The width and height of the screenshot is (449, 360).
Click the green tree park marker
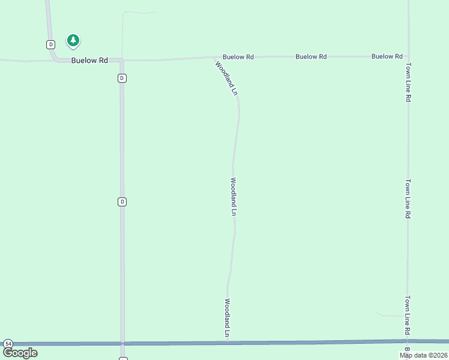73,41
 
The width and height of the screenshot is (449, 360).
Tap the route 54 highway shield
8,343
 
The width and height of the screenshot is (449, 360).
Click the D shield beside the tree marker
50,44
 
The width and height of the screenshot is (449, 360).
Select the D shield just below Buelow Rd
122,78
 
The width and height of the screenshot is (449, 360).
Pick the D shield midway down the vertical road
122,202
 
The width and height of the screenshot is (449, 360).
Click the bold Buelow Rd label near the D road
89,61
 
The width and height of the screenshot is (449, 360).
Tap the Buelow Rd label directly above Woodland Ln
238,57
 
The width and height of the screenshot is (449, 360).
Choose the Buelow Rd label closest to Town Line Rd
387,56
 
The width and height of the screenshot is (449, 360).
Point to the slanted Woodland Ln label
227,78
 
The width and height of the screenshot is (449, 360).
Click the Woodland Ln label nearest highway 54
228,317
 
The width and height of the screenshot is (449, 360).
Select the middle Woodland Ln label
234,196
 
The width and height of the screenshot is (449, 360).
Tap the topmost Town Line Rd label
408,82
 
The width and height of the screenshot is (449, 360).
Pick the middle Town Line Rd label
408,198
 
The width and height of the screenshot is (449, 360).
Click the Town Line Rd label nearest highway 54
408,315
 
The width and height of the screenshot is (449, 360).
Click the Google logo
20,353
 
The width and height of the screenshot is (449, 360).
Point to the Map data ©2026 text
423,355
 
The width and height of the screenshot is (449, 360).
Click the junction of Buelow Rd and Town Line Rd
408,56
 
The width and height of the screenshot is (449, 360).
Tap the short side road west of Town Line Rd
390,314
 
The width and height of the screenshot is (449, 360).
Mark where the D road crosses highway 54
122,343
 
